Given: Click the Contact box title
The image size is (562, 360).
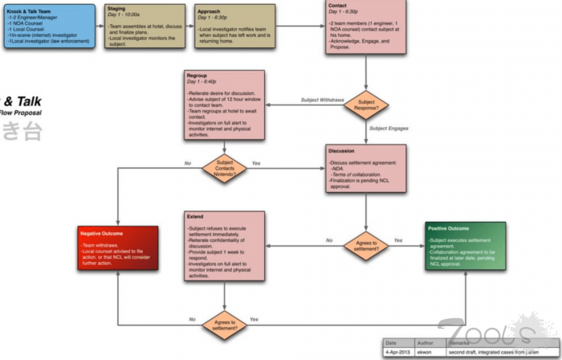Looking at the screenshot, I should point(338,6).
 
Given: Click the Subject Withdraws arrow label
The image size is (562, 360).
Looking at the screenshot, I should point(322,100).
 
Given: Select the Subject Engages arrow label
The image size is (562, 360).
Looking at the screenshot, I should point(389,128).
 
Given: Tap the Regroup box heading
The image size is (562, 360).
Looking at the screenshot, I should point(197,75).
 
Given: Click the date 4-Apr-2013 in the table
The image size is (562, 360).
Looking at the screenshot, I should point(398,352).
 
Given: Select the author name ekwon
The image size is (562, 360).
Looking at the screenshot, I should point(425,352).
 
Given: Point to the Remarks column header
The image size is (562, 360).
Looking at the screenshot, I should point(462,342).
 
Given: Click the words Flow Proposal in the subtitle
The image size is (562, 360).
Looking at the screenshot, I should point(21,113).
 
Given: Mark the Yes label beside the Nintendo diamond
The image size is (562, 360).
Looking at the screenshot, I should point(256,163).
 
